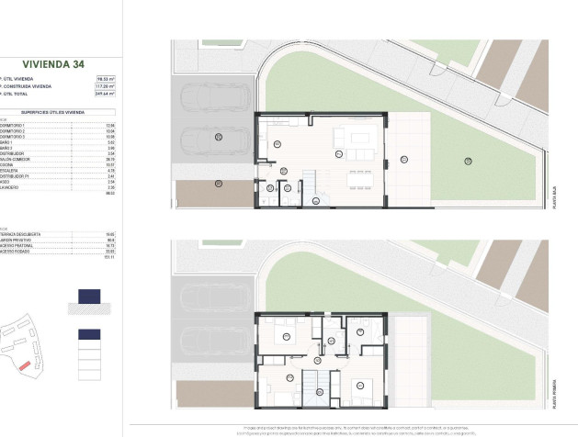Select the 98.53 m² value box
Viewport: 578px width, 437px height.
coord(109,79)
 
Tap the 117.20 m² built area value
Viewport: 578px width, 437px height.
coord(109,86)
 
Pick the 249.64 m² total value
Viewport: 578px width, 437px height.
coord(109,94)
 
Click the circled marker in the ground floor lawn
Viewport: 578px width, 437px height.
coord(469,161)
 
